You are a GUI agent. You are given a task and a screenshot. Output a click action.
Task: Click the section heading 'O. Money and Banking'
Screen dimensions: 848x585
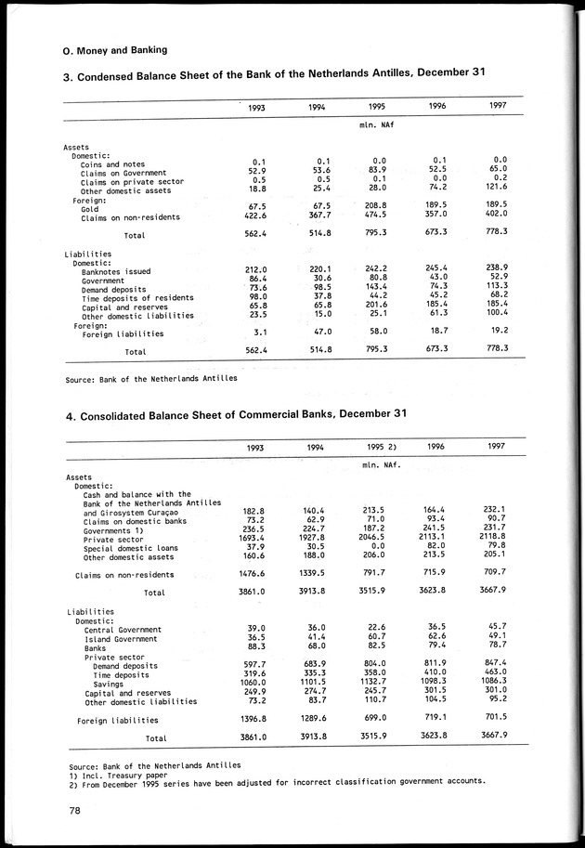[114, 49]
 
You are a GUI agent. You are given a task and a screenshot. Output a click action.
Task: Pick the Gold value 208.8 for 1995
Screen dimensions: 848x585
[373, 206]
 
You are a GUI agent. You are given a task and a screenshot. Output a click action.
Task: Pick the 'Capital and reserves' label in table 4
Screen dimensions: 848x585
[128, 693]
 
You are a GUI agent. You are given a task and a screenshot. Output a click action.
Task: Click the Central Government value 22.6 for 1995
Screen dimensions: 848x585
[377, 628]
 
